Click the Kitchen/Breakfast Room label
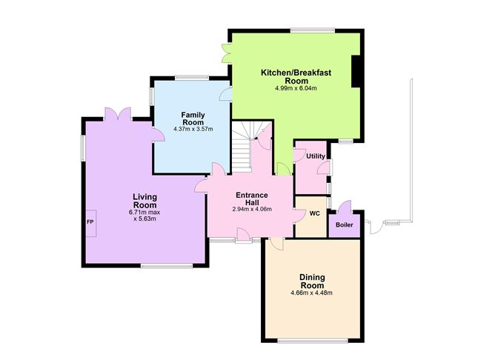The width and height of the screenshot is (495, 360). (296, 77)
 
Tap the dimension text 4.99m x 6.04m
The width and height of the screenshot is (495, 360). (296, 88)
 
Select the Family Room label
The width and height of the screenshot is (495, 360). (193, 119)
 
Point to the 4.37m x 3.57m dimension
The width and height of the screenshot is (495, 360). (193, 129)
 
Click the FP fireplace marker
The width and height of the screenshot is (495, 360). (90, 222)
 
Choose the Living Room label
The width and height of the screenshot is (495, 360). (144, 201)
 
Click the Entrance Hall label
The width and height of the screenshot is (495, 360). (252, 199)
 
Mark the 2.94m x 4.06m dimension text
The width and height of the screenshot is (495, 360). (252, 209)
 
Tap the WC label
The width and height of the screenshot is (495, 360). (314, 213)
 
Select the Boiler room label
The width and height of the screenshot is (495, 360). (344, 225)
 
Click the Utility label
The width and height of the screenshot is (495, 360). (316, 156)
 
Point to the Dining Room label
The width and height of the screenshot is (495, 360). (312, 281)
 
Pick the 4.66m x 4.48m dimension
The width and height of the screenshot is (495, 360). (311, 293)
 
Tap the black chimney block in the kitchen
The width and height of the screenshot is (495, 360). (356, 71)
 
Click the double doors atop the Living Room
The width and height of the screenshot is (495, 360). (118, 114)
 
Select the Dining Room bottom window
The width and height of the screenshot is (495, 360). (313, 341)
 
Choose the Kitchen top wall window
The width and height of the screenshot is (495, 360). (313, 30)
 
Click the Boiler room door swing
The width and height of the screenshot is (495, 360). (345, 207)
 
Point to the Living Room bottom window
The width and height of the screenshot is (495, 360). (167, 266)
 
